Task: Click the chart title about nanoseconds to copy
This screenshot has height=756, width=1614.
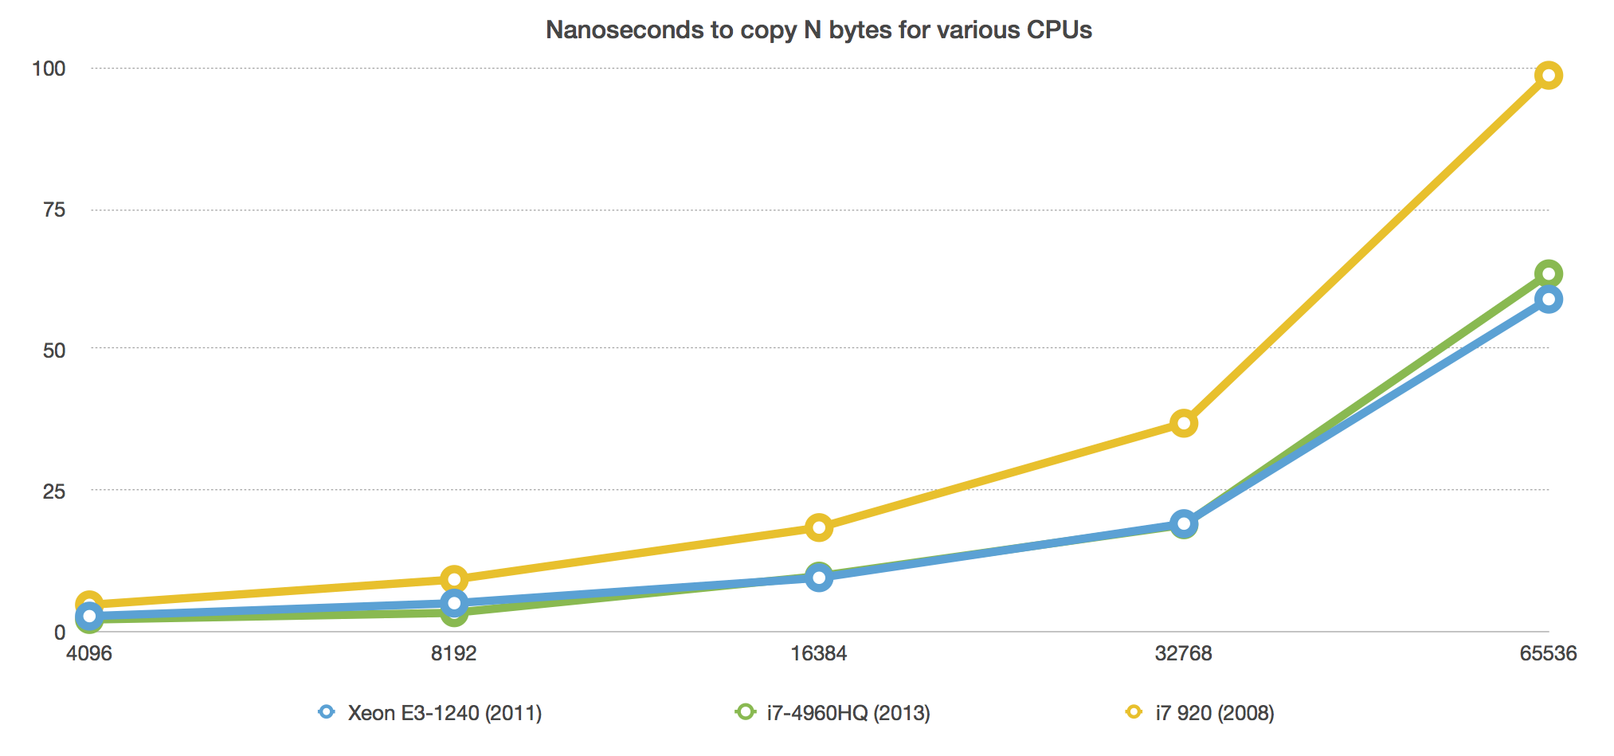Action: (x=818, y=29)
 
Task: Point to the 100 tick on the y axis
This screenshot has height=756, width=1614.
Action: (x=49, y=69)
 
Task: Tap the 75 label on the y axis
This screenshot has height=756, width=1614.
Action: (x=53, y=210)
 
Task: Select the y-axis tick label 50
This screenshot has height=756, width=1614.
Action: (x=53, y=350)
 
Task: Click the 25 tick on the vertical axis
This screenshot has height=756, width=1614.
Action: (x=53, y=491)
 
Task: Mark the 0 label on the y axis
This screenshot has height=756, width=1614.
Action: (x=59, y=633)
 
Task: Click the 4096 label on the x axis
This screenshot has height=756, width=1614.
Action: (x=89, y=654)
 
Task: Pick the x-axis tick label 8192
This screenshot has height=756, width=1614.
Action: (x=453, y=654)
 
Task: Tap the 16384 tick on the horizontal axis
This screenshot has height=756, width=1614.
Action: (x=818, y=654)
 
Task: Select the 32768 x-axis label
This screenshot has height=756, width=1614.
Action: (x=1183, y=654)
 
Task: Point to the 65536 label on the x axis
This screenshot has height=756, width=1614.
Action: (x=1548, y=654)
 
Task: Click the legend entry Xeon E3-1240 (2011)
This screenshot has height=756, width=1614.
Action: (x=444, y=713)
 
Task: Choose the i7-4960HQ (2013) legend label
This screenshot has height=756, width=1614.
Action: (x=848, y=713)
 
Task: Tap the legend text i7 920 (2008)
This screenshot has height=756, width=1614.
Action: (x=1214, y=713)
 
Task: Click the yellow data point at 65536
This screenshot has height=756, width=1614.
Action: (x=1548, y=76)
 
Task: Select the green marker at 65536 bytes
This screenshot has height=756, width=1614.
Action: (x=1548, y=274)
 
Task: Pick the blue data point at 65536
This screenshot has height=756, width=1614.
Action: (x=1548, y=300)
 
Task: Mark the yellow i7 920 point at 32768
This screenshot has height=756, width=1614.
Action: (x=1184, y=423)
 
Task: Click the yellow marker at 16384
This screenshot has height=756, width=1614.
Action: (x=819, y=527)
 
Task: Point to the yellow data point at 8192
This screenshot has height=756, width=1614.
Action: (x=454, y=579)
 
